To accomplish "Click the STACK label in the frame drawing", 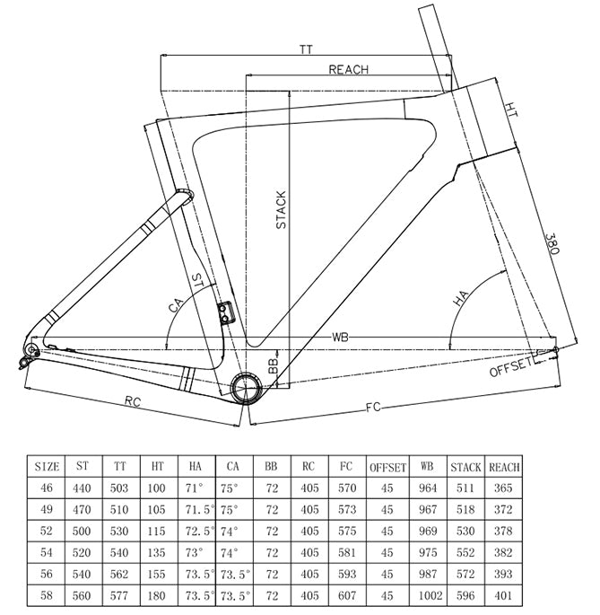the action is pyautogui.click(x=281, y=210).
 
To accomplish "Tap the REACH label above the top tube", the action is pyautogui.click(x=348, y=69).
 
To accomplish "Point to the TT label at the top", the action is pyautogui.click(x=306, y=49).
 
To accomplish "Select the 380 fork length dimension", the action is pyautogui.click(x=552, y=243).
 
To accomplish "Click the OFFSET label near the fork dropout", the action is pyautogui.click(x=510, y=367).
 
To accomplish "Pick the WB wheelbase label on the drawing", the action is pyautogui.click(x=340, y=337).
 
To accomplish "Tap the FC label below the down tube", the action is pyautogui.click(x=373, y=407).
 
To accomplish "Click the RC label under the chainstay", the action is pyautogui.click(x=133, y=400).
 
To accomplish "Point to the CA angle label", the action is pyautogui.click(x=176, y=305).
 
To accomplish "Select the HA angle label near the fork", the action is pyautogui.click(x=460, y=298).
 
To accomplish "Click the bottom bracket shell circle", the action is pyautogui.click(x=246, y=388).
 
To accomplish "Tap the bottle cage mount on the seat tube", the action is pyautogui.click(x=225, y=313).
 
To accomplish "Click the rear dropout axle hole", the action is pyautogui.click(x=31, y=349).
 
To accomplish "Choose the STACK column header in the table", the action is pyautogui.click(x=465, y=467).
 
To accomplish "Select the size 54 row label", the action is pyautogui.click(x=47, y=552).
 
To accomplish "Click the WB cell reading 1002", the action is pyautogui.click(x=430, y=595).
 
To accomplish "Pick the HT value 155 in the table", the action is pyautogui.click(x=156, y=575).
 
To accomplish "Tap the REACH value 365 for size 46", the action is pyautogui.click(x=503, y=488).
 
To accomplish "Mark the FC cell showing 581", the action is pyautogui.click(x=347, y=552).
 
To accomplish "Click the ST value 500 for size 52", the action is pyautogui.click(x=82, y=532).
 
